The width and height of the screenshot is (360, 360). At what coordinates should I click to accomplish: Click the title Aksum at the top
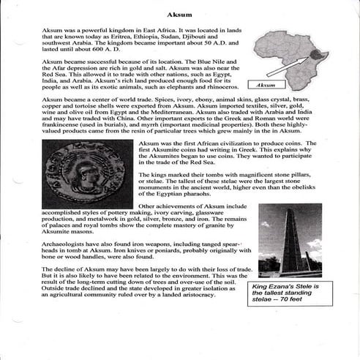tap(179, 14)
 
